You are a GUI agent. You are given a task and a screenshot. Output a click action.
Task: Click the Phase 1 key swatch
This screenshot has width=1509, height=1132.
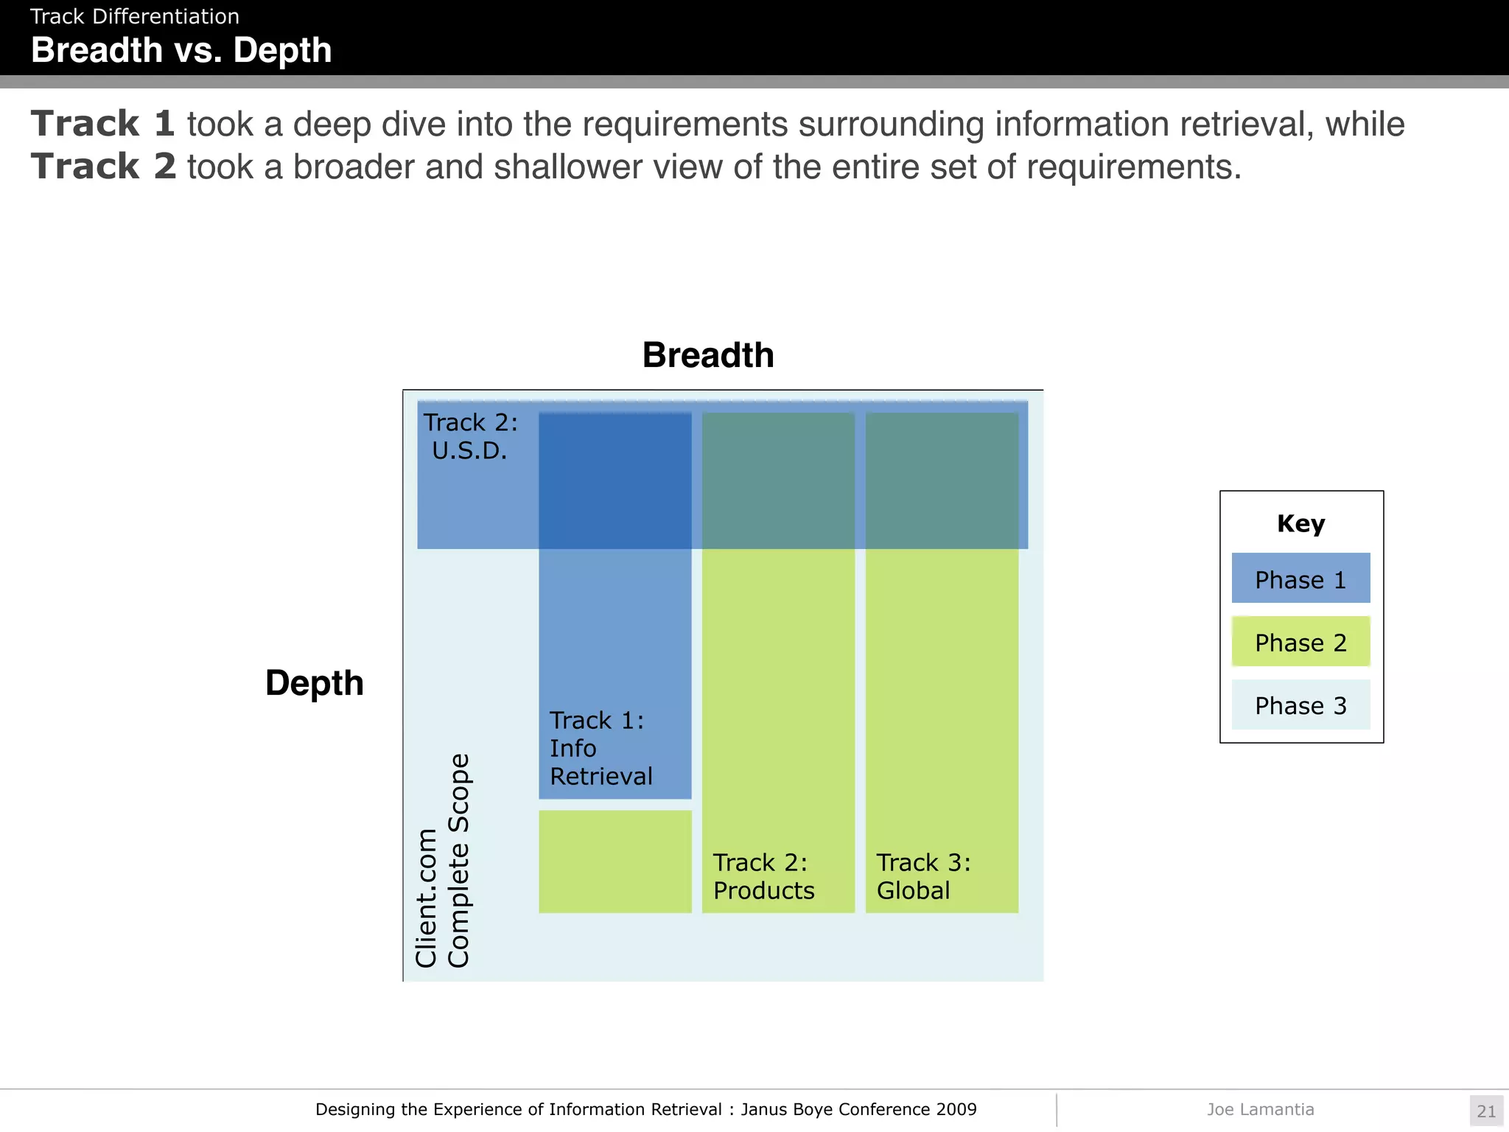[x=1300, y=579]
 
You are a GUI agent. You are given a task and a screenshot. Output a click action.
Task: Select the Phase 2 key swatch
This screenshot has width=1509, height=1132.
[x=1300, y=642]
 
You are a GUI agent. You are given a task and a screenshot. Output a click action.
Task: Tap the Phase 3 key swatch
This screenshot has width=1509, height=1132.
[x=1300, y=705]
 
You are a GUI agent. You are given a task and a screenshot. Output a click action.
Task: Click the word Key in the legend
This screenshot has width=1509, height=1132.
[x=1300, y=523]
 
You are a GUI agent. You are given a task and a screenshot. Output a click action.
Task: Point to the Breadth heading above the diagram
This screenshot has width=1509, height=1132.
[x=708, y=355]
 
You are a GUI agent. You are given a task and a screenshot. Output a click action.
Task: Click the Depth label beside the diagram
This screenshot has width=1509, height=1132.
[x=315, y=682]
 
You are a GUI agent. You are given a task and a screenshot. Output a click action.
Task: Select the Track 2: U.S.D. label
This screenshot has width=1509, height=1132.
[x=470, y=436]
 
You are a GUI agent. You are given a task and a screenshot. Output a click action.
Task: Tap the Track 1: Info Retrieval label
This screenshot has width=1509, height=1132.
[x=601, y=748]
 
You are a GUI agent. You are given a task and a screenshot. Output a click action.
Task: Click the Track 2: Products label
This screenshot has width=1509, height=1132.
[x=763, y=876]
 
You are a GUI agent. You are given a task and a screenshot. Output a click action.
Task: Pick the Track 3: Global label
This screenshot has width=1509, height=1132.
[x=923, y=876]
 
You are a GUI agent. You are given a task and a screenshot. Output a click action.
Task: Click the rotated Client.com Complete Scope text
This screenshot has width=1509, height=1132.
[x=442, y=861]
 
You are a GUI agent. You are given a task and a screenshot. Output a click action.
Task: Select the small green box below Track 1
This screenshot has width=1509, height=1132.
[x=615, y=862]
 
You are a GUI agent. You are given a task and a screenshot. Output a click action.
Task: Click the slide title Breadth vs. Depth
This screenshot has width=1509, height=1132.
[x=181, y=51]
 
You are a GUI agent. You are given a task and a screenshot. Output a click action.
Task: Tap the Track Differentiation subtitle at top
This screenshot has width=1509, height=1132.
[x=135, y=16]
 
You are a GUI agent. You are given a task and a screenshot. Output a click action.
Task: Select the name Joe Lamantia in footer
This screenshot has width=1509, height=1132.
[x=1260, y=1109]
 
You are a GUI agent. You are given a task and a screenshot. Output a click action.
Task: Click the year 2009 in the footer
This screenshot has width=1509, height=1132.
[x=956, y=1109]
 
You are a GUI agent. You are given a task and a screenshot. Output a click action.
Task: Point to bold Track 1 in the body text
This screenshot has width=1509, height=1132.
[x=103, y=123]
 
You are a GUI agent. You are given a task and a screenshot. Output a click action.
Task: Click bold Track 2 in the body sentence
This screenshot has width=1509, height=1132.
[x=103, y=167]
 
